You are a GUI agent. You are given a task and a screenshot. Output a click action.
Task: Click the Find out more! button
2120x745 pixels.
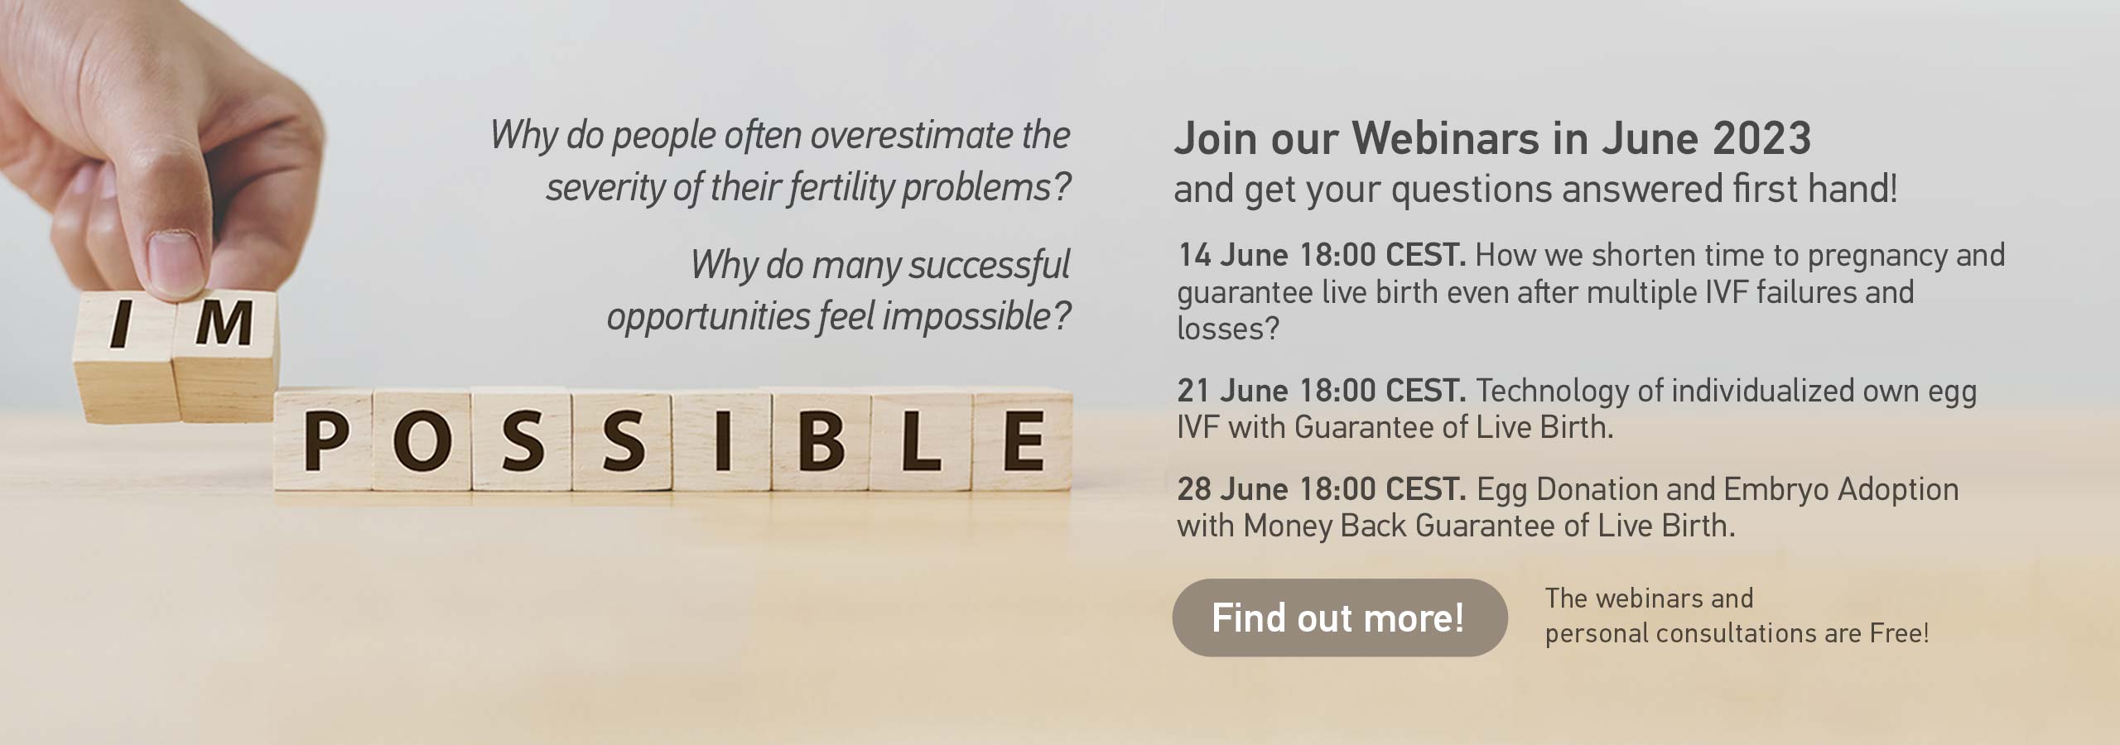(1339, 618)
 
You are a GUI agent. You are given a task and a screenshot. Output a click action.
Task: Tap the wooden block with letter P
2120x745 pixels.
(324, 443)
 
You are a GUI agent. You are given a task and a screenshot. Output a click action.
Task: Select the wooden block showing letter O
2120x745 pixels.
(422, 443)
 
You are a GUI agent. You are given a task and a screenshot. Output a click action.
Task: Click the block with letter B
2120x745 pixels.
(821, 443)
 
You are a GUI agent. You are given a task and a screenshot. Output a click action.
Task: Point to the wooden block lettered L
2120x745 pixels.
(922, 443)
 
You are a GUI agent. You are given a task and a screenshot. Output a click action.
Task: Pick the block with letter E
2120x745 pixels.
(1023, 443)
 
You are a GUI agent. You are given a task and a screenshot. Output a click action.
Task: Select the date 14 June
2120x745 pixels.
(1233, 256)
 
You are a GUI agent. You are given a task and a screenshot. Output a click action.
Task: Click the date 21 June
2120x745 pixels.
(1233, 391)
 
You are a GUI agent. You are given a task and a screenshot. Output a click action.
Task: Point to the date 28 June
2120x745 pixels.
(1233, 489)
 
